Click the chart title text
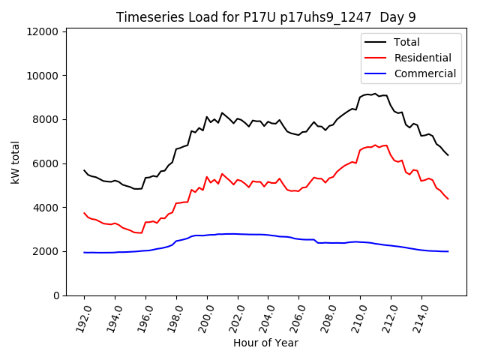pyautogui.click(x=265, y=17)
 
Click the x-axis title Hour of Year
pyautogui.click(x=265, y=343)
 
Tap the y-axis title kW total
pyautogui.click(x=15, y=162)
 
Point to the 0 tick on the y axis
pyautogui.click(x=56, y=295)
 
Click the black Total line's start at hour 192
pyautogui.click(x=84, y=170)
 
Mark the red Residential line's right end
pyautogui.click(x=448, y=199)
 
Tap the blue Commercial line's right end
pyautogui.click(x=448, y=251)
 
